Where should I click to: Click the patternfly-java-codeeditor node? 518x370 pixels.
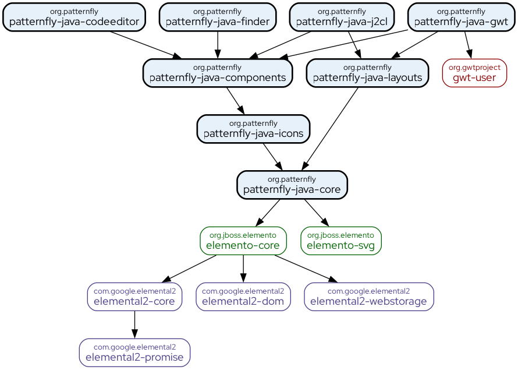point(74,17)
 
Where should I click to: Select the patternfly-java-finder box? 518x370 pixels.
point(218,17)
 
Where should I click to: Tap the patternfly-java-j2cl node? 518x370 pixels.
point(342,17)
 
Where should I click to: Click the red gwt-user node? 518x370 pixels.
point(474,73)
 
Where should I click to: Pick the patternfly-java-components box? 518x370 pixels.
point(217,73)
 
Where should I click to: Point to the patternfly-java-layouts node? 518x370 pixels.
point(367,73)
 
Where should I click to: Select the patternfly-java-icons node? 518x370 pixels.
point(253,129)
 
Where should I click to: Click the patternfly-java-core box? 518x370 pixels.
point(292,185)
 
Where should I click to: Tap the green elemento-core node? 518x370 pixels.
point(243,241)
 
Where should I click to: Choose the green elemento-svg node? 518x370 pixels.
point(340,241)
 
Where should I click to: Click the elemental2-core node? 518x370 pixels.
point(134,297)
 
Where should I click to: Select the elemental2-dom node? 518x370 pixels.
point(243,297)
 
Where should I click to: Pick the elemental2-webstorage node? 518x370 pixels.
point(368,297)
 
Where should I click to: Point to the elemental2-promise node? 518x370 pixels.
point(134,353)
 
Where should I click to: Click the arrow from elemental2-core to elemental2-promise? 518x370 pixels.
point(134,324)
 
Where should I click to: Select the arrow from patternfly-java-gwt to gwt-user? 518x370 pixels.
point(467,44)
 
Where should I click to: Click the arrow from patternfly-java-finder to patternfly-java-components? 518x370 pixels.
point(218,44)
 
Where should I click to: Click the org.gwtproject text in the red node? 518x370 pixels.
point(474,68)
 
